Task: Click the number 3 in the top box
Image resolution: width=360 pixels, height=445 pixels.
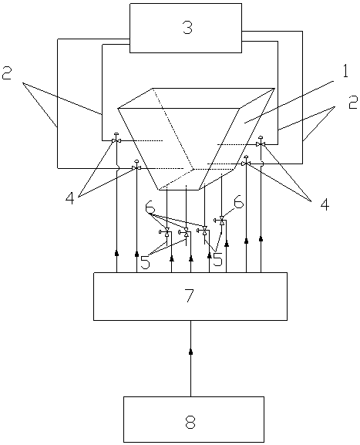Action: (187, 28)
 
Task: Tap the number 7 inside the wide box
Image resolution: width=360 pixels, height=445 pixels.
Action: (189, 295)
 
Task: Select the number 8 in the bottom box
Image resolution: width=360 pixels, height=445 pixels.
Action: (190, 422)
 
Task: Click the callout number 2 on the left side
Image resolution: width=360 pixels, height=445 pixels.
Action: (7, 72)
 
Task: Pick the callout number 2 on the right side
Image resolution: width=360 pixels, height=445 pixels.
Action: (353, 103)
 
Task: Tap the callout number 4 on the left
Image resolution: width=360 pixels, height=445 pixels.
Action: (70, 198)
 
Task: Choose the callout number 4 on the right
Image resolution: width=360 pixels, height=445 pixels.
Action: (325, 204)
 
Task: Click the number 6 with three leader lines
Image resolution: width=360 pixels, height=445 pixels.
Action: (150, 208)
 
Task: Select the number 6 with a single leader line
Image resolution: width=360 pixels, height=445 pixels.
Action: (238, 203)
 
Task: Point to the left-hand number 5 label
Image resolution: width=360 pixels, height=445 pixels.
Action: (145, 263)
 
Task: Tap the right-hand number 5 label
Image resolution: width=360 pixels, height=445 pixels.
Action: (217, 260)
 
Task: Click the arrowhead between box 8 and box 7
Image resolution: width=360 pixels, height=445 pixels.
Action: (190, 352)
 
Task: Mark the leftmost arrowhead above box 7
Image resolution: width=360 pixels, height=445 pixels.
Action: (116, 253)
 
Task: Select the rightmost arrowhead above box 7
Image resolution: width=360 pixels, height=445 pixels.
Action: (261, 239)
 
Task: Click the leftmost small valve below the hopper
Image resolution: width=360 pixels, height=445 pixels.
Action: (166, 232)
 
